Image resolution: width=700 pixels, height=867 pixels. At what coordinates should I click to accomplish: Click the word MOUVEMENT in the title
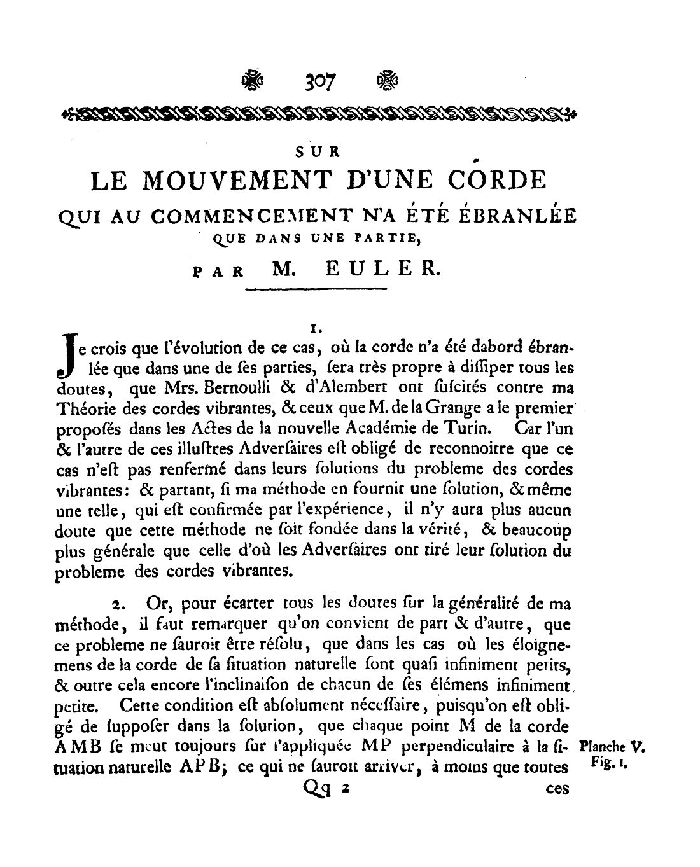(x=248, y=180)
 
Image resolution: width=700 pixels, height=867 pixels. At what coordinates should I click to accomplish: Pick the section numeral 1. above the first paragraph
(x=313, y=329)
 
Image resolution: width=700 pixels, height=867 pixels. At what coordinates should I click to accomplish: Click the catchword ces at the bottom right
(x=557, y=789)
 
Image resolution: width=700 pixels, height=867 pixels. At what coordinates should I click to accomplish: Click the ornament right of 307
(x=387, y=81)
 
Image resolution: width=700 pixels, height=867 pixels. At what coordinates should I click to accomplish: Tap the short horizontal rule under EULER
(x=316, y=290)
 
